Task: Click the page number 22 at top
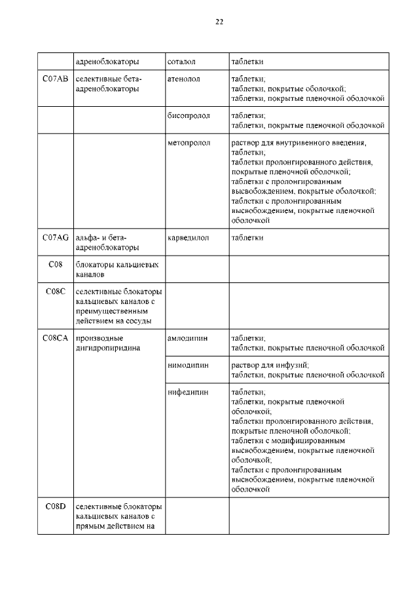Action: point(219,22)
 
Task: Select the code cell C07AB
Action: point(55,79)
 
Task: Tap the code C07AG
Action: point(55,238)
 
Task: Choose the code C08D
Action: point(55,507)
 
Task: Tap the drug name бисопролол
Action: point(189,115)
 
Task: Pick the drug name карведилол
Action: point(188,238)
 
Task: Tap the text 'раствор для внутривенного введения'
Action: point(298,142)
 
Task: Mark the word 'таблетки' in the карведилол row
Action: point(247,238)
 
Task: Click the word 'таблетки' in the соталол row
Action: point(247,62)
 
